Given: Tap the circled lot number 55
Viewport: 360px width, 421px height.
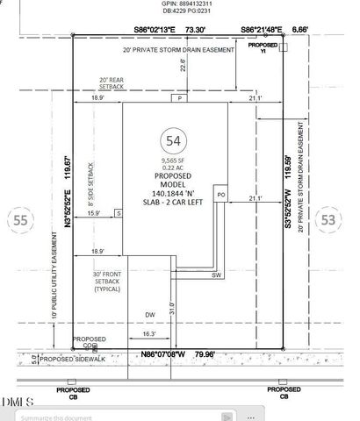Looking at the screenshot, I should tap(19, 220).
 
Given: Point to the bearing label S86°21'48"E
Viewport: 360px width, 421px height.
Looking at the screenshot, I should tap(263, 29).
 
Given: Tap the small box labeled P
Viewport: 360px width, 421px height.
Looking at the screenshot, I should tap(176, 98).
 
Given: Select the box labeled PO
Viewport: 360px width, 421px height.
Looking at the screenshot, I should tap(221, 194).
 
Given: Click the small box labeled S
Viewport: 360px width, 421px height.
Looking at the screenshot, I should tap(118, 213).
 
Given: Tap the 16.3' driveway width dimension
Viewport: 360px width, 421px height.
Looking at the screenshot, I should tap(148, 334).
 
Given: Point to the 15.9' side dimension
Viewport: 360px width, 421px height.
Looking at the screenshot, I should tap(93, 211).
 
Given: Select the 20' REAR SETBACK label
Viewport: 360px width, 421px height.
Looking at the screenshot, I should tap(117, 83).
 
